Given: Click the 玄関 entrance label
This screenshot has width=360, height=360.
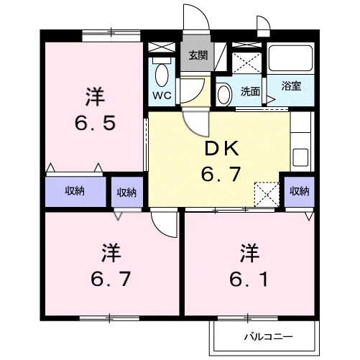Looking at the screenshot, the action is click(x=198, y=55).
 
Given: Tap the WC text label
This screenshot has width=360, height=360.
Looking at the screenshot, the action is click(x=162, y=96).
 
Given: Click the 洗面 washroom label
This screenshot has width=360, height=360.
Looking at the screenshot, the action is click(x=250, y=91).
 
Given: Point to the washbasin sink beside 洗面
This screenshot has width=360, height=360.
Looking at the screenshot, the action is click(x=224, y=94).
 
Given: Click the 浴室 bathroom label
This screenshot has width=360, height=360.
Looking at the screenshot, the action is click(x=291, y=86).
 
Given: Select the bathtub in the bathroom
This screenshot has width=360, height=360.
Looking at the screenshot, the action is click(x=290, y=58).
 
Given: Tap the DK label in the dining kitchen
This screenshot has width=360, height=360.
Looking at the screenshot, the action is click(x=222, y=149).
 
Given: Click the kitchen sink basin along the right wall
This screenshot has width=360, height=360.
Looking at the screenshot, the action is click(x=300, y=157).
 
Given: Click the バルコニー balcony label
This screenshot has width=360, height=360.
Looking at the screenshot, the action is click(x=268, y=337).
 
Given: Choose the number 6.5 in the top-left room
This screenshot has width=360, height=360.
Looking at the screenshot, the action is click(x=96, y=122).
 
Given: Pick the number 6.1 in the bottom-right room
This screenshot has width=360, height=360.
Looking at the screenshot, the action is click(x=249, y=280).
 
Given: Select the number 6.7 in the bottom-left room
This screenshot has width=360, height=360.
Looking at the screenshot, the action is click(x=111, y=279).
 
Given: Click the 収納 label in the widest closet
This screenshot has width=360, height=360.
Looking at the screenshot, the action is click(x=75, y=191).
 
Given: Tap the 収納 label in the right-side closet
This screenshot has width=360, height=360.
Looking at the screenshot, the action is click(x=300, y=191).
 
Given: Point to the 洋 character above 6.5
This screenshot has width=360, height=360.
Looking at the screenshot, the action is click(x=95, y=97).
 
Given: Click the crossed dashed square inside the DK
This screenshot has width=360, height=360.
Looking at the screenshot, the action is click(x=267, y=195).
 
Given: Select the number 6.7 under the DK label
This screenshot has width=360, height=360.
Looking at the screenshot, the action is click(x=221, y=174).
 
